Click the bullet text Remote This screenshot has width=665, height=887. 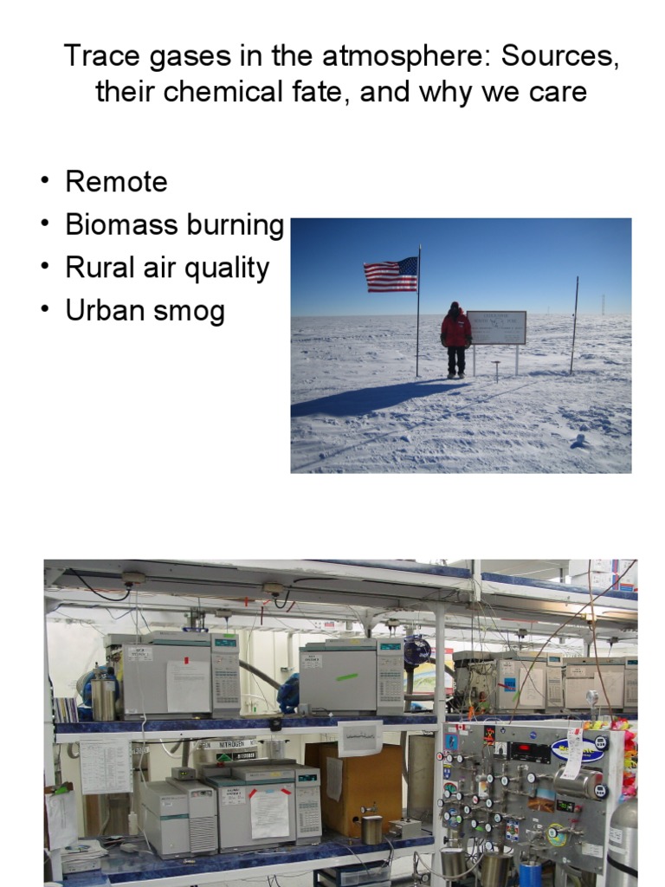pos(116,182)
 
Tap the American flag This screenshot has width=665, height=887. pos(391,275)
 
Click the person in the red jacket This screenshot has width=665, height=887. pos(455,339)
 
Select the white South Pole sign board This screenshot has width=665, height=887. pos(496,327)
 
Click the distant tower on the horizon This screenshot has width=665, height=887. pos(603,304)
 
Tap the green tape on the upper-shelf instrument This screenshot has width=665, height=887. pos(346,677)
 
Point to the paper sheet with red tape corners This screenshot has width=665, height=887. pos(269,810)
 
